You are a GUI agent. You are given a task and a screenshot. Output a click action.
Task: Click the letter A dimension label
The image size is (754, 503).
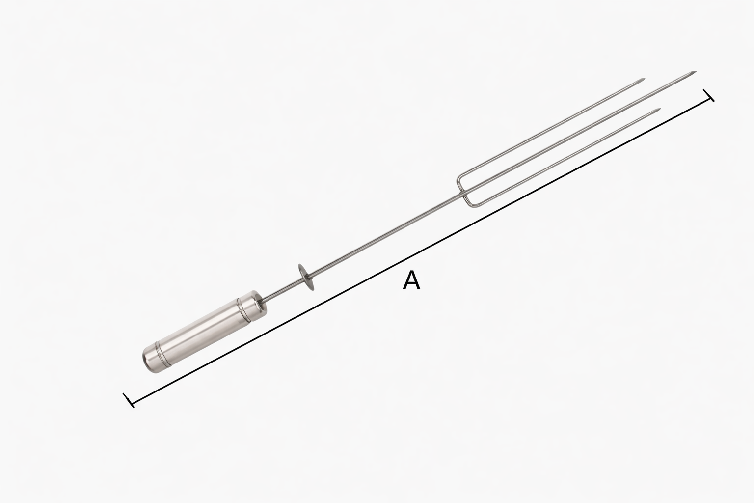411,280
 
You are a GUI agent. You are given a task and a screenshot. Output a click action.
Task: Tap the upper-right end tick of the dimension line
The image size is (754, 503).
708,95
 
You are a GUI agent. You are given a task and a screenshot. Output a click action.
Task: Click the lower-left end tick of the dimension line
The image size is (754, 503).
129,400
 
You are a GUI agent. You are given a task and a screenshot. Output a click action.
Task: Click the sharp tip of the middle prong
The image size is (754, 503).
696,71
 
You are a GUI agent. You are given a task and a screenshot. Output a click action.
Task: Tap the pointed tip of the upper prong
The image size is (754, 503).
645,79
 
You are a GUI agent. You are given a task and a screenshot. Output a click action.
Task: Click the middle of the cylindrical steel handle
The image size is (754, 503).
205,332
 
